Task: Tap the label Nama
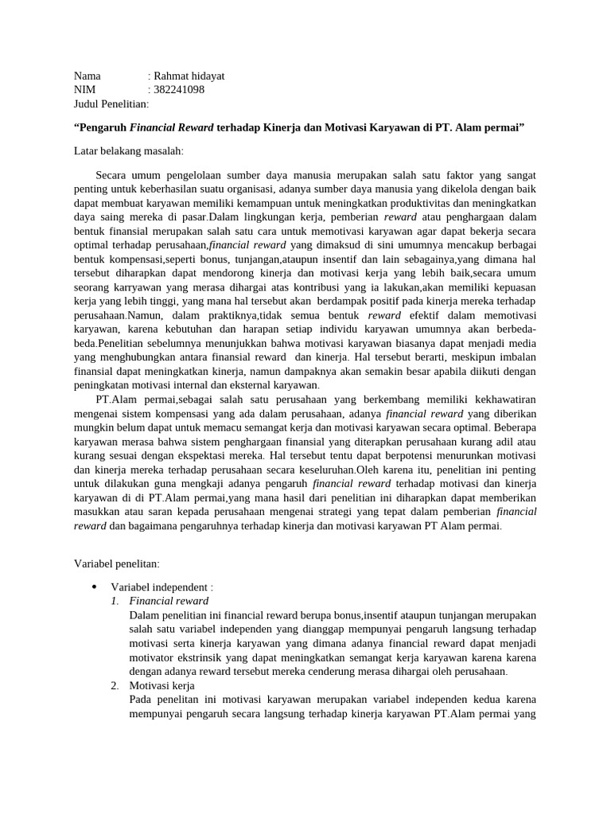[x=88, y=76]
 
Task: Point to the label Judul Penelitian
[x=111, y=103]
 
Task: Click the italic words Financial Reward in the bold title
[x=165, y=127]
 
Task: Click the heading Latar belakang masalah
[x=128, y=150]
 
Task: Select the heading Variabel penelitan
[x=116, y=563]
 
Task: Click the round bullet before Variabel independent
[x=94, y=587]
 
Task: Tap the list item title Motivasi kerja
[x=162, y=685]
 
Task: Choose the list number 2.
[x=115, y=685]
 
